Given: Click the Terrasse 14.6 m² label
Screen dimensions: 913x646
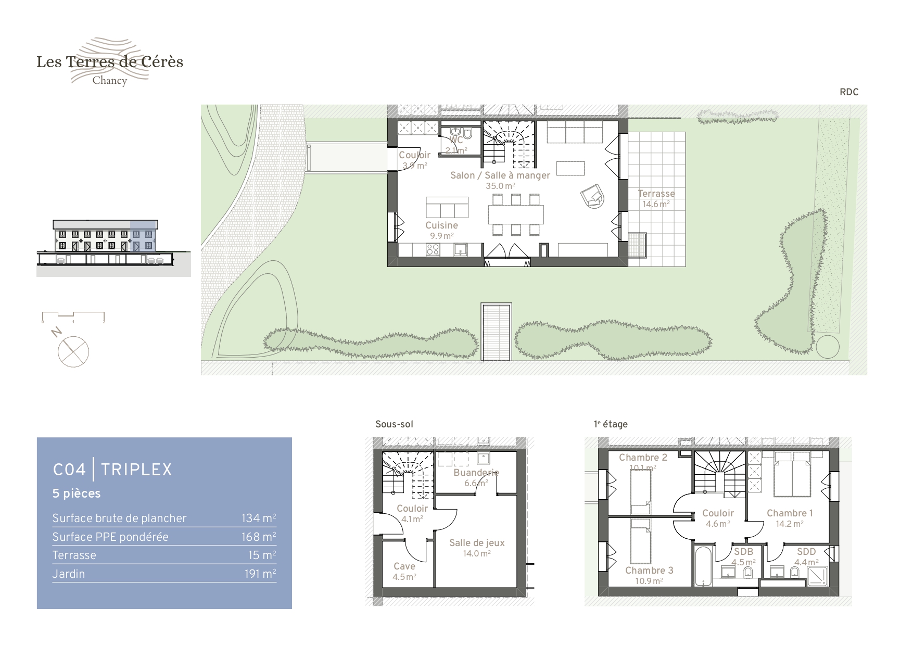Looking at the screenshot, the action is tap(656, 199).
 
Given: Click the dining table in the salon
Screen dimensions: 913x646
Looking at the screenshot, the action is tap(516, 214).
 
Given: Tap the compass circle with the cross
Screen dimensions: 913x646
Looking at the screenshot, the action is tap(73, 351).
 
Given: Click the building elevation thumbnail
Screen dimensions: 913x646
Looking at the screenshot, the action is tap(113, 248).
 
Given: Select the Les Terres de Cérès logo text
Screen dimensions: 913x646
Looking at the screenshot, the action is tap(110, 62).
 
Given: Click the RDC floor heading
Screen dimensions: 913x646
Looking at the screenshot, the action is tap(849, 92).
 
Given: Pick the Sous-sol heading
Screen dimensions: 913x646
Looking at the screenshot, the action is tap(394, 424).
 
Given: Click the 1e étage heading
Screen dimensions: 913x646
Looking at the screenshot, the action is tap(611, 424).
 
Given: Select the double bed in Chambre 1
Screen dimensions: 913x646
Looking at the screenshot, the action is tap(792, 474).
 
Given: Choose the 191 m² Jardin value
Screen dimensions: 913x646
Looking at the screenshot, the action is tap(260, 574).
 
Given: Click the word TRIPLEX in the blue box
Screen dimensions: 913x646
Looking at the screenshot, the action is tap(136, 470).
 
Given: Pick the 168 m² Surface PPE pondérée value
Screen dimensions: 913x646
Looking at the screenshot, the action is tap(259, 537).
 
